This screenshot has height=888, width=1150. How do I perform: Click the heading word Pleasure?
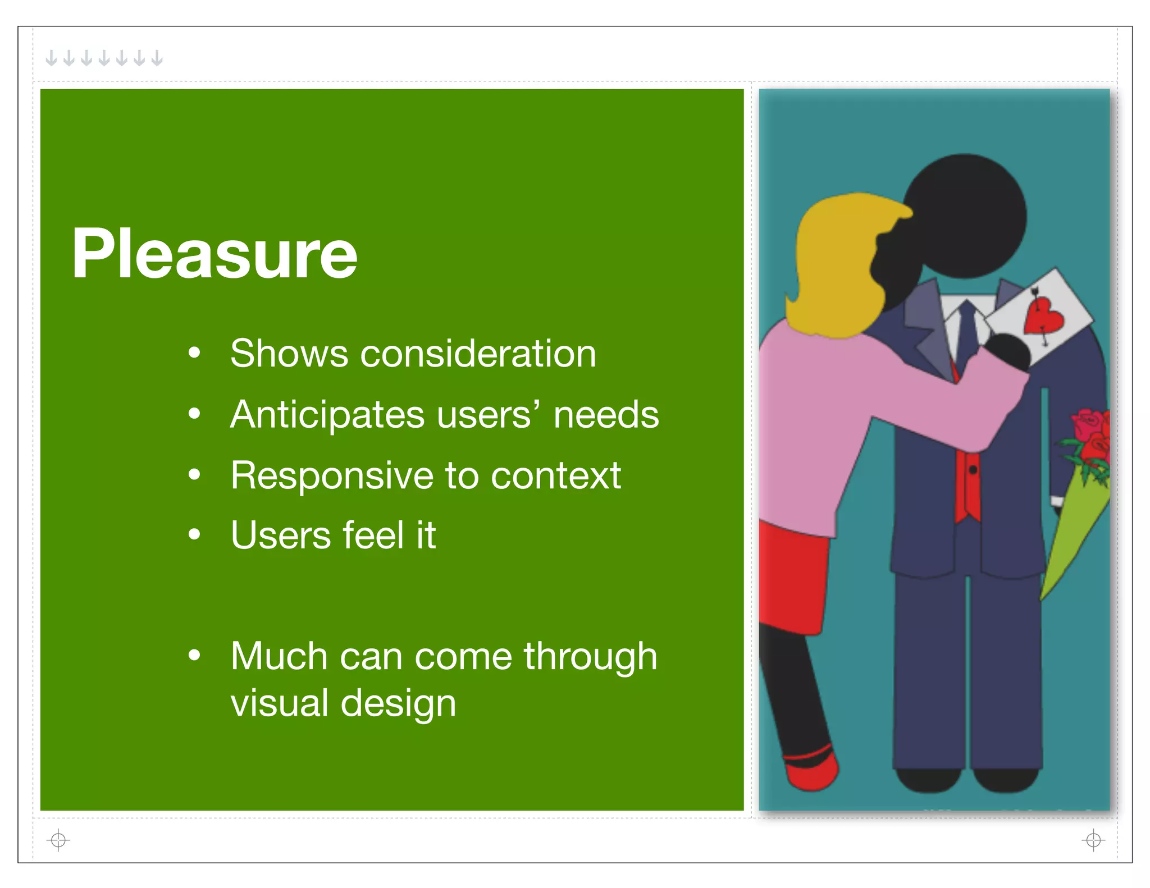pos(214,254)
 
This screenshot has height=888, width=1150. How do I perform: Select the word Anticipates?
pos(327,415)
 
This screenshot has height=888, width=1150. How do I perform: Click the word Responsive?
pos(331,475)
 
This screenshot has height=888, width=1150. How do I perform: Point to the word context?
pos(555,475)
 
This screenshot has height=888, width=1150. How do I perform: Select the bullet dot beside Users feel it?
pos(194,535)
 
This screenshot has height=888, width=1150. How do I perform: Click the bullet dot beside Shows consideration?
pos(194,354)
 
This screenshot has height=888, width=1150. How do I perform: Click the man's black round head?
pos(966,216)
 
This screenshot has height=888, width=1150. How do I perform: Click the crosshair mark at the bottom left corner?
pos(58,840)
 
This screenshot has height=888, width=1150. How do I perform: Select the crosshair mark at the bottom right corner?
pos(1093,840)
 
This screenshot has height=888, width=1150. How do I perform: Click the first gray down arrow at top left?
pos(51,57)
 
